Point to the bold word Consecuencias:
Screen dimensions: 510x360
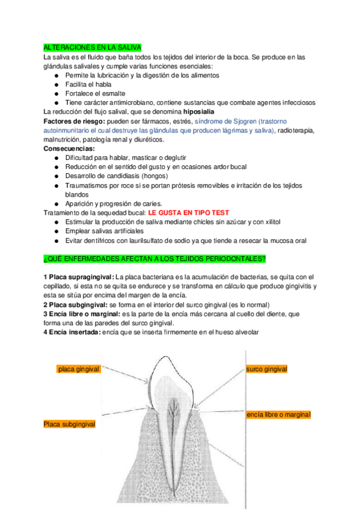pos(69,149)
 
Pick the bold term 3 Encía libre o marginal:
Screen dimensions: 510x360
pos(82,314)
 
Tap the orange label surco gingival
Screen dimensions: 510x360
pos(266,369)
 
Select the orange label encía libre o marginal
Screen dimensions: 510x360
pos(278,415)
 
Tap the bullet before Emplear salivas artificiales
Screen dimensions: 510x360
pos(56,232)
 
